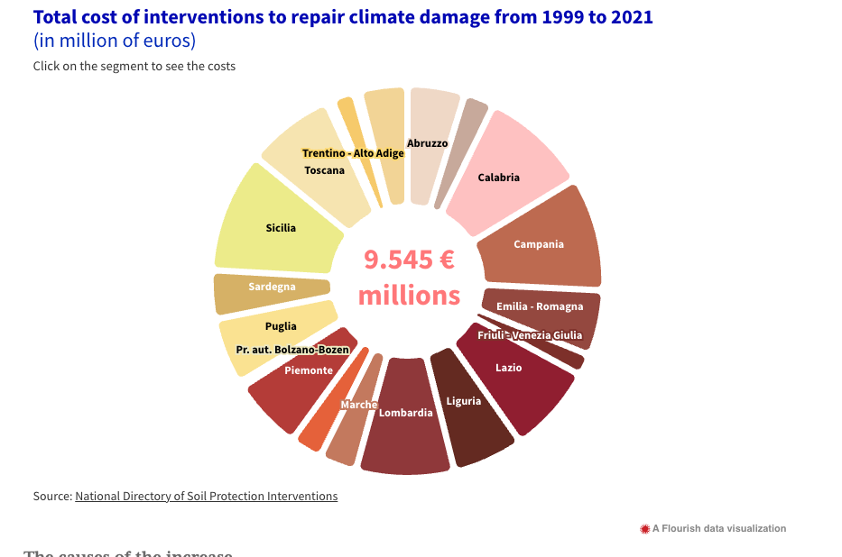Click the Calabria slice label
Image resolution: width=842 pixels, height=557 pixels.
498,178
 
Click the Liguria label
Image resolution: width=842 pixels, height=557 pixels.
464,401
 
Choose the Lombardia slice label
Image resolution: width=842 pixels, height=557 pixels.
405,413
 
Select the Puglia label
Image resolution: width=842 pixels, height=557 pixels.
281,326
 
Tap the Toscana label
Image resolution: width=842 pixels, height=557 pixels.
324,170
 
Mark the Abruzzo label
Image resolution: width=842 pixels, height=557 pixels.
427,143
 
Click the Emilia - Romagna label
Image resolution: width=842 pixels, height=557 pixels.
540,306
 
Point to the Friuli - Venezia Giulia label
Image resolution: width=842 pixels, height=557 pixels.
530,335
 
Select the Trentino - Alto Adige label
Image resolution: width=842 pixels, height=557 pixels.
353,153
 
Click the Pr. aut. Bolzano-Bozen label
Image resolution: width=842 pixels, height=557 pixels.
292,350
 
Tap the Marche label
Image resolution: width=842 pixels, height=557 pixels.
358,405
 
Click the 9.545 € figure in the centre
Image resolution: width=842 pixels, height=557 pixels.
409,260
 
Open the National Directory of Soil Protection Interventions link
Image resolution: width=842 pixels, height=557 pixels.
206,496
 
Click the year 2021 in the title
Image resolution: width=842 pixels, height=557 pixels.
630,17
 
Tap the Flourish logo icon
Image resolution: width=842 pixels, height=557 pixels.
644,529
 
